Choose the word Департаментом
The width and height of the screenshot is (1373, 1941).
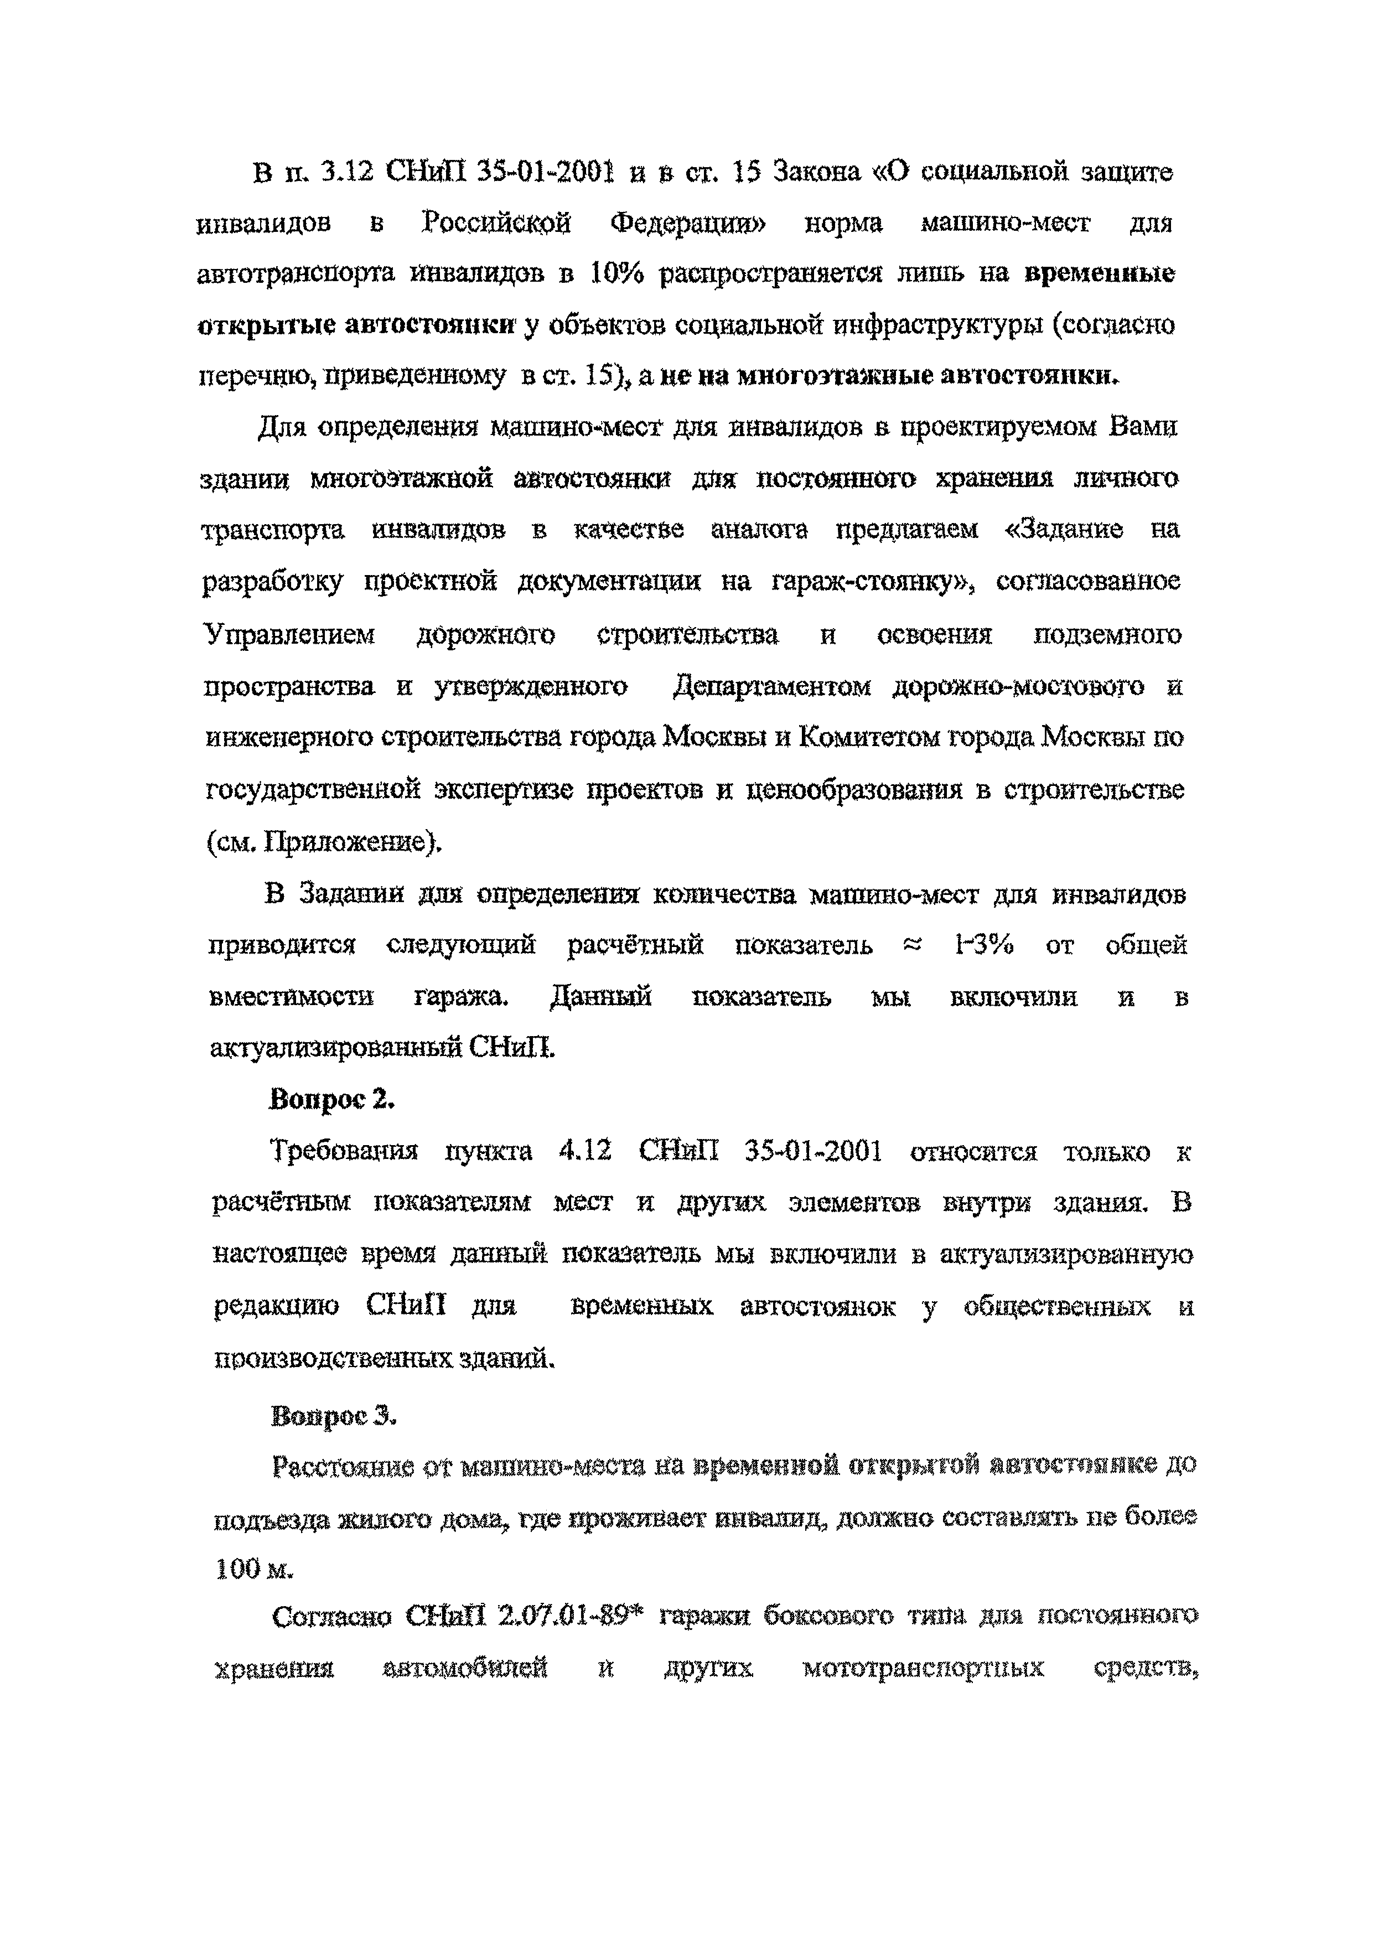[x=772, y=686]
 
